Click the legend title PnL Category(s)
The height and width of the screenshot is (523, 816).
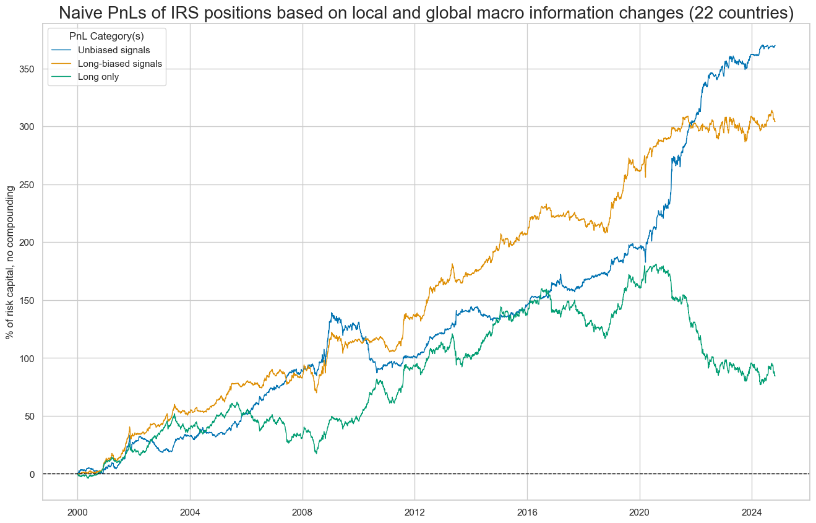point(106,36)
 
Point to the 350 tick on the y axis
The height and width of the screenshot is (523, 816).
point(27,69)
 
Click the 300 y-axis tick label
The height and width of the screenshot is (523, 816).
point(27,127)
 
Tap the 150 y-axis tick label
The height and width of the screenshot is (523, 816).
point(27,301)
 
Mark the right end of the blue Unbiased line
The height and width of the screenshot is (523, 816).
point(775,46)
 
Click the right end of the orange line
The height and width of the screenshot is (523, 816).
point(775,121)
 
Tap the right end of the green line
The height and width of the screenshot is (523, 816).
point(775,376)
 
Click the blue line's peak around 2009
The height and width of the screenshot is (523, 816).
point(332,313)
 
